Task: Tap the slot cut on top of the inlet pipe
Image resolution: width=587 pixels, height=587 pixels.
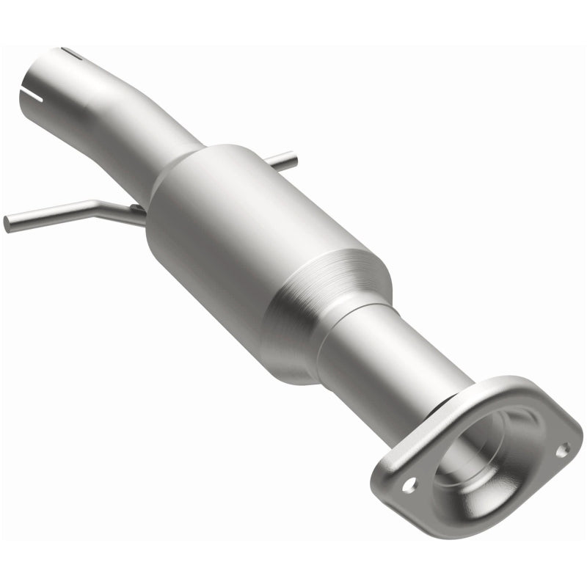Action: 72,52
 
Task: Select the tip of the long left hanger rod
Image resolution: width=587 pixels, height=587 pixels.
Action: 7,222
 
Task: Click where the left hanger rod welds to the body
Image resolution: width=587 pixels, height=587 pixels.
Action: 139,213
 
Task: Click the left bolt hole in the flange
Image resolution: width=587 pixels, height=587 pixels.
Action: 409,484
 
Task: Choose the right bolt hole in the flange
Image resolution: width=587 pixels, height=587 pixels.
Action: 563,449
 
